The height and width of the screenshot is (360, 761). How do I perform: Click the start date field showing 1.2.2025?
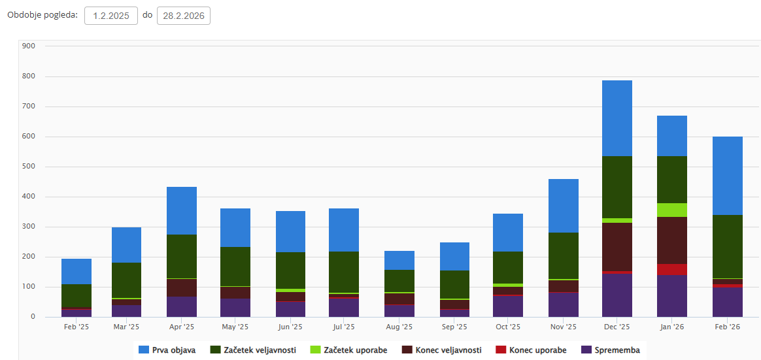click(111, 16)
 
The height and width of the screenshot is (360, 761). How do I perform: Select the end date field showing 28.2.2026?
click(184, 16)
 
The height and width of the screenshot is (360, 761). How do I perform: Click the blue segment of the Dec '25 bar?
click(617, 118)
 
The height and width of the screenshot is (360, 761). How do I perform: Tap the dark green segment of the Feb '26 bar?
click(727, 246)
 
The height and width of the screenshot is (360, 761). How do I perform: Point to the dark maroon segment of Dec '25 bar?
click(617, 246)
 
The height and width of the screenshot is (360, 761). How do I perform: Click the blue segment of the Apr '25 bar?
click(182, 210)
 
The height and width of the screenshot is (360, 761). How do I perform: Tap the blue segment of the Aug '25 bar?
click(399, 260)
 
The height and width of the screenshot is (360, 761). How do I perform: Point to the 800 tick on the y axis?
click(27, 76)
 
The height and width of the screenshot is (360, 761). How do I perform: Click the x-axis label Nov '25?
click(562, 327)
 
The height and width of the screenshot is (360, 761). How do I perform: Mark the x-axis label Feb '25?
click(76, 327)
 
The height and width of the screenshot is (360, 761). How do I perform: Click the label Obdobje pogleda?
click(42, 15)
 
